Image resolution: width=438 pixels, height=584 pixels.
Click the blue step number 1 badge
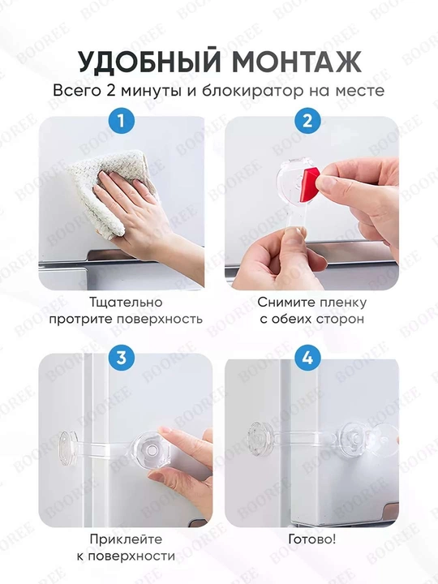pos(121,121)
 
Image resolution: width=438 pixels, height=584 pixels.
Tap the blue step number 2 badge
pos(307,121)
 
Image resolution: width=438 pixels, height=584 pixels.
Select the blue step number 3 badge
pos(121,358)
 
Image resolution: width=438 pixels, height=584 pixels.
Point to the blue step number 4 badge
pos(307,358)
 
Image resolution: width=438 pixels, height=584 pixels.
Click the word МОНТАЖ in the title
pos(297,62)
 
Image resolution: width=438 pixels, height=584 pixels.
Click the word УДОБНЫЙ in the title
pos(149,62)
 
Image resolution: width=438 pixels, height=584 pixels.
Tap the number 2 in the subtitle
pos(110,91)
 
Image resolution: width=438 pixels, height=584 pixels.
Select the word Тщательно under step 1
pos(126,302)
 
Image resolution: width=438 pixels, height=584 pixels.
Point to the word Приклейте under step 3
pos(126,539)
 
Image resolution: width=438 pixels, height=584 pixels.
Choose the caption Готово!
pos(312,539)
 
